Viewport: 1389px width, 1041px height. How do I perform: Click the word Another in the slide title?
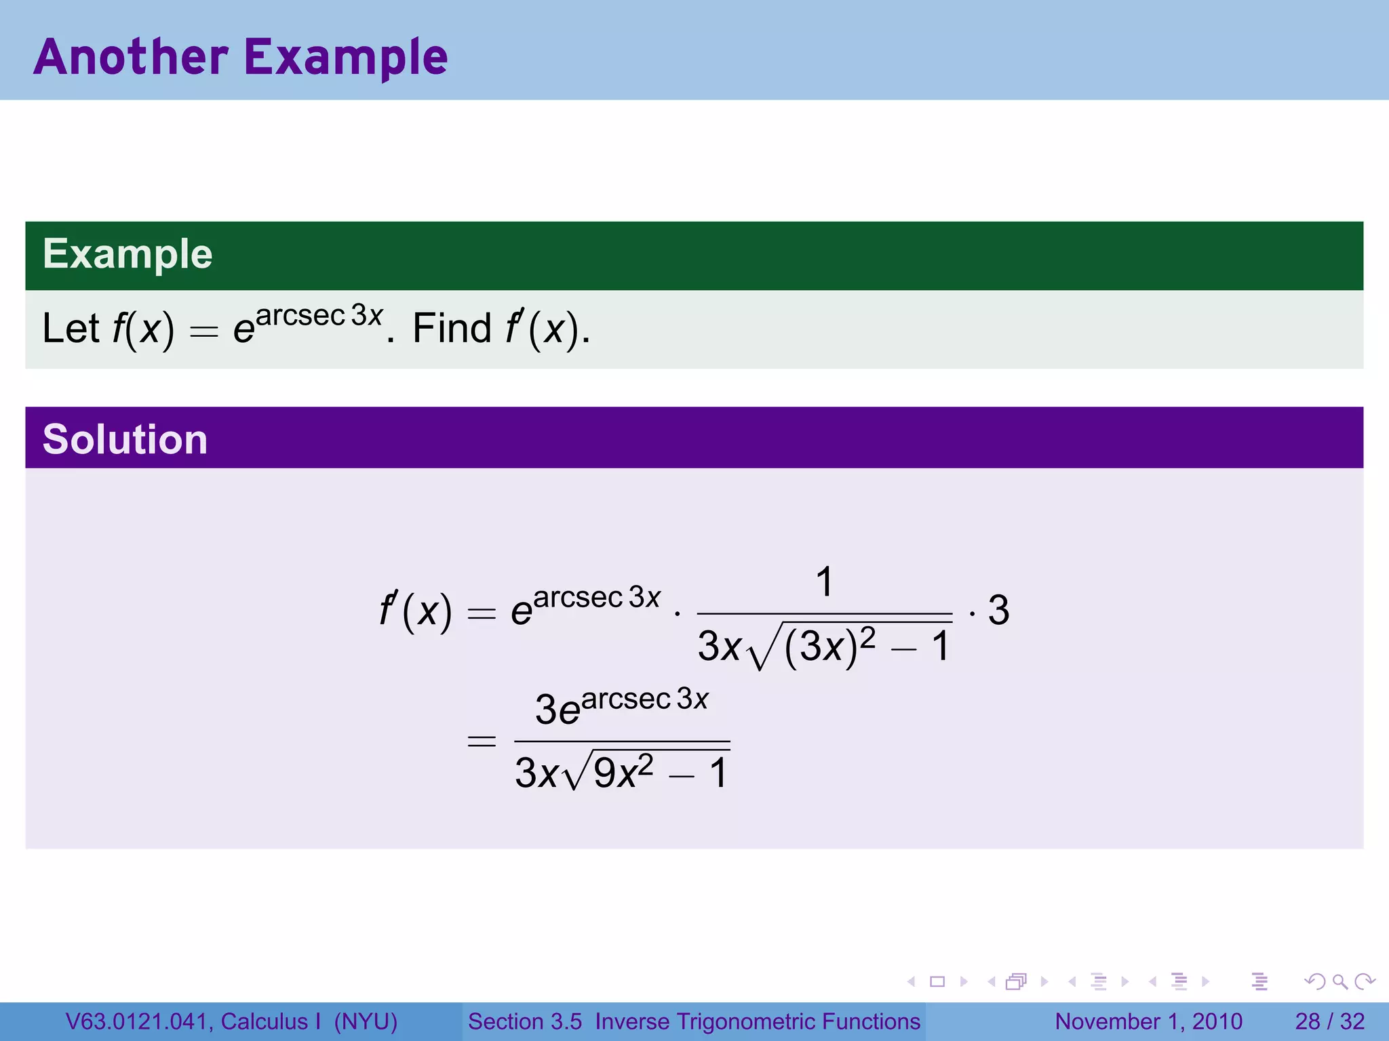tap(131, 57)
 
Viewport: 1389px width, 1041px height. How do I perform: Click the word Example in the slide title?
tap(346, 58)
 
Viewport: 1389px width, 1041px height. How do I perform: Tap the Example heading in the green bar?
tap(128, 254)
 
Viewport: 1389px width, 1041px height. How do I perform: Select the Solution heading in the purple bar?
tap(125, 439)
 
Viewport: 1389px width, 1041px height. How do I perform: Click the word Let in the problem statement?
tap(71, 329)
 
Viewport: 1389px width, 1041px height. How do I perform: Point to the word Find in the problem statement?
tap(452, 329)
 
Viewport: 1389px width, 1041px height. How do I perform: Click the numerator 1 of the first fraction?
tap(824, 582)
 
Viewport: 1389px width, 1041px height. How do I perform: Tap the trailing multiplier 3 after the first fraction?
tap(998, 610)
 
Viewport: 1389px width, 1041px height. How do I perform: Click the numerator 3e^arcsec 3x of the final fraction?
tap(621, 706)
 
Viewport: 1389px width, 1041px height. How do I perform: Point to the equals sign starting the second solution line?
tap(482, 741)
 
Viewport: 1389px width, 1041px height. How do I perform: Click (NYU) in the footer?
tap(366, 1021)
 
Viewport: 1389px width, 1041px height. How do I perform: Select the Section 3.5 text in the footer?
tap(525, 1021)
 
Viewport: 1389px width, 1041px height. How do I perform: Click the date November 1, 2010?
tap(1148, 1021)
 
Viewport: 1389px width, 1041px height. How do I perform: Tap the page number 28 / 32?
tap(1329, 1021)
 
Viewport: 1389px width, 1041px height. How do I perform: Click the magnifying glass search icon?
tap(1339, 981)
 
